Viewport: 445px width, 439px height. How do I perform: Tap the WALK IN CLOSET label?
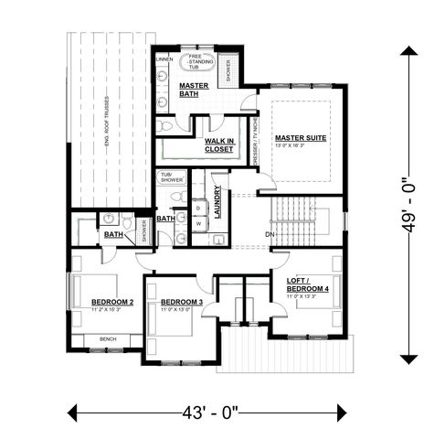219,145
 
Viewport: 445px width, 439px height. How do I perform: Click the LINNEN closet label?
164,59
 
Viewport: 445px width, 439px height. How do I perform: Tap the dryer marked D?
197,208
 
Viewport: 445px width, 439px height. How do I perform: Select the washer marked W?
197,222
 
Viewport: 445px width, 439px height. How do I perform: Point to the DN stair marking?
270,235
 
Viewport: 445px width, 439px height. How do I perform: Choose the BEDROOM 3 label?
182,302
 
